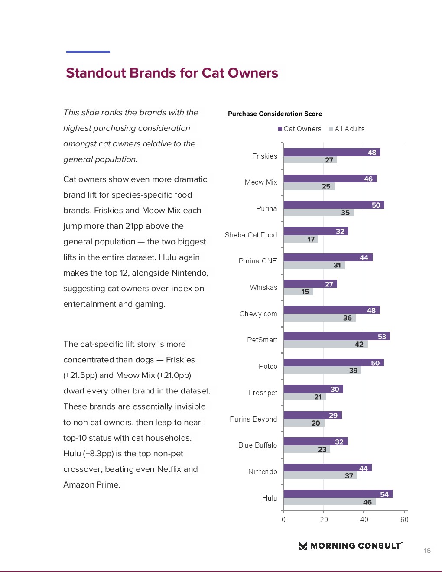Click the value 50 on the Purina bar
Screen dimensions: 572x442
point(376,205)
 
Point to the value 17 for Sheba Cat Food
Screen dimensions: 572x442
point(311,239)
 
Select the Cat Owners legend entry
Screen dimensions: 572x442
point(300,129)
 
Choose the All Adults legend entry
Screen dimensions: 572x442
point(347,129)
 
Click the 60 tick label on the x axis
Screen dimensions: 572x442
point(404,520)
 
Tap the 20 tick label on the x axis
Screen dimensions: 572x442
point(324,520)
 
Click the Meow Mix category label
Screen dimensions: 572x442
point(260,182)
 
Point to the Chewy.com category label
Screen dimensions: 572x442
point(258,314)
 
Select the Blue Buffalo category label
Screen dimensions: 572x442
point(257,445)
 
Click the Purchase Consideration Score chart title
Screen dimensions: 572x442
point(275,114)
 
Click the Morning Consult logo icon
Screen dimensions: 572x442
point(303,546)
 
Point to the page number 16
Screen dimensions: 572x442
point(427,551)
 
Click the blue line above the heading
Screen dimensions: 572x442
point(88,52)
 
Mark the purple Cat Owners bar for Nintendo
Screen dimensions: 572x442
point(327,468)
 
